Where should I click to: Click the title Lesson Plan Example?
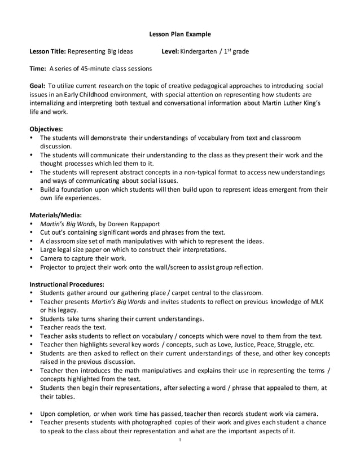pyautogui.click(x=179, y=34)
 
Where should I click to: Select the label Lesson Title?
pyautogui.click(x=47, y=51)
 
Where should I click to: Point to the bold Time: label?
pyautogui.click(x=38, y=69)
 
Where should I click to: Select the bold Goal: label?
pyautogui.click(x=38, y=86)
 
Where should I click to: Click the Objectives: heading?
pyautogui.click(x=46, y=129)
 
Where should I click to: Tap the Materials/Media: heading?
pyautogui.click(x=55, y=214)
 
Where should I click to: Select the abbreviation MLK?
pyautogui.click(x=317, y=301)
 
